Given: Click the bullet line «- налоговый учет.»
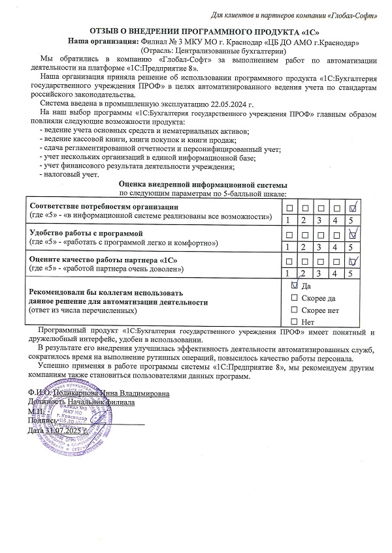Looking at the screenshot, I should [x=70, y=175].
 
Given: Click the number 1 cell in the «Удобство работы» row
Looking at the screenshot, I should [x=288, y=247].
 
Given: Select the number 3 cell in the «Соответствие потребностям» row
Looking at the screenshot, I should [x=320, y=220].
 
